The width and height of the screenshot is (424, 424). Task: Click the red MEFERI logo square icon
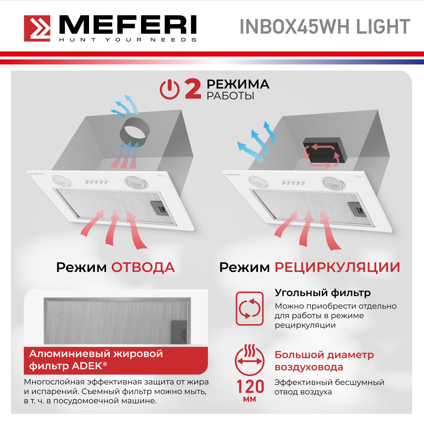(37, 28)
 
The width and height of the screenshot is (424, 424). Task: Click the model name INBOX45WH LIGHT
(325, 27)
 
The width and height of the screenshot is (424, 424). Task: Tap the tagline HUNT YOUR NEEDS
(128, 40)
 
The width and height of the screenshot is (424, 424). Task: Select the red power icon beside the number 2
(170, 89)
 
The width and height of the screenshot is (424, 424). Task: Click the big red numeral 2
(193, 89)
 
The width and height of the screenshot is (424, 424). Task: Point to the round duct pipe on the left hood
(135, 132)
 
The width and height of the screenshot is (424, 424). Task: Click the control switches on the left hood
(96, 181)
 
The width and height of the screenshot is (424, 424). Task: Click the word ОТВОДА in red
(143, 267)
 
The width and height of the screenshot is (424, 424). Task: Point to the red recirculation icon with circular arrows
(250, 308)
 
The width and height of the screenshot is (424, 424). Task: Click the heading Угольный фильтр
(323, 293)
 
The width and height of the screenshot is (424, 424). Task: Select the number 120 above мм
(250, 386)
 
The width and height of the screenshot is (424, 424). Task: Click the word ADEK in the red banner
(87, 366)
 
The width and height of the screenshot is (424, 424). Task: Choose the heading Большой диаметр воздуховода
(324, 361)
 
